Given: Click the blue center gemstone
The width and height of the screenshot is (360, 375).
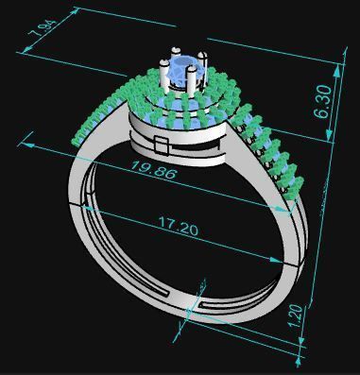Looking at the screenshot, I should [x=183, y=68].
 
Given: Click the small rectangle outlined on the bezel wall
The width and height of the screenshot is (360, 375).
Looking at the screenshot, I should [x=161, y=145].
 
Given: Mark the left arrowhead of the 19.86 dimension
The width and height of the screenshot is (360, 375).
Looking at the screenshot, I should [x=26, y=140].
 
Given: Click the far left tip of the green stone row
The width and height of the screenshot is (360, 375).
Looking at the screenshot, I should [x=74, y=143].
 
